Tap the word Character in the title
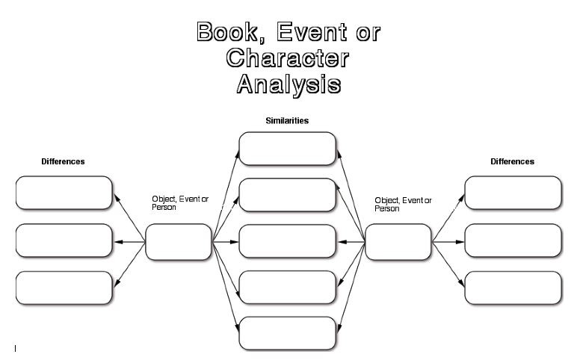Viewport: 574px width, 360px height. point(288,58)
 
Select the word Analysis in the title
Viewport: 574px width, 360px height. point(288,83)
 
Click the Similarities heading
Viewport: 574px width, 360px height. point(287,120)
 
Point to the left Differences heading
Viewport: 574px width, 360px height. point(63,161)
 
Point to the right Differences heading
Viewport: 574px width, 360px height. point(512,161)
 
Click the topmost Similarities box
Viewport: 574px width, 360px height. point(287,149)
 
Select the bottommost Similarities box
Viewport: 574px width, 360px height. point(287,333)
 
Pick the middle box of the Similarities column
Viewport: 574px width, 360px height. point(287,241)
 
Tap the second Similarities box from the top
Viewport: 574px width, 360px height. point(287,195)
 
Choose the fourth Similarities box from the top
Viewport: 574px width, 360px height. point(287,288)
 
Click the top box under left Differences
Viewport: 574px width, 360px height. point(64,193)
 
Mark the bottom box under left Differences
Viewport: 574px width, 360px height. point(64,288)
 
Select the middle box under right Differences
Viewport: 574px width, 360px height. point(513,240)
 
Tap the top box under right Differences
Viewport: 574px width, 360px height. point(513,193)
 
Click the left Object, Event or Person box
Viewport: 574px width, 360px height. point(179,242)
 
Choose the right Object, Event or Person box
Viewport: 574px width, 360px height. point(398,242)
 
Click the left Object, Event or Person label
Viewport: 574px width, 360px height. point(180,203)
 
